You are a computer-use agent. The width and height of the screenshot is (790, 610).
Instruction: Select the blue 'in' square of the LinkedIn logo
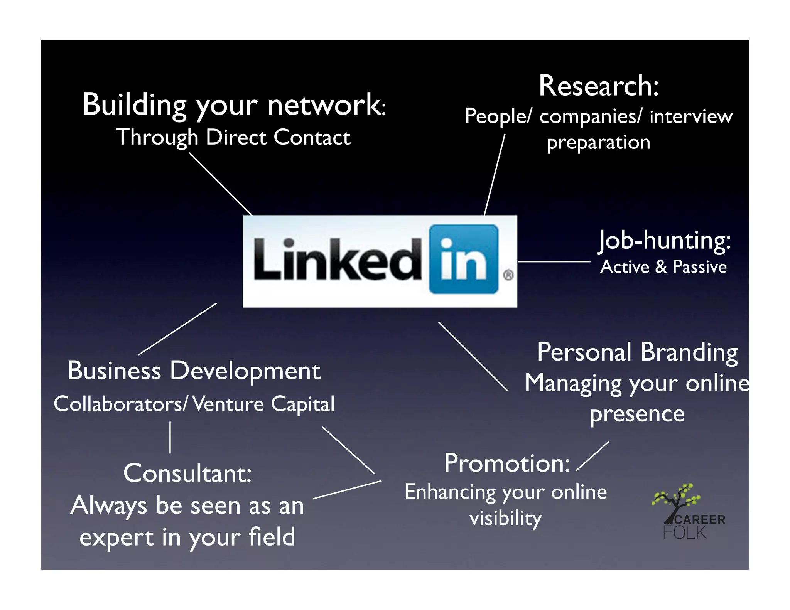coord(464,259)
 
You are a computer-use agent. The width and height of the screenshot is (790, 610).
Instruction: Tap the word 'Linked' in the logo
coord(338,259)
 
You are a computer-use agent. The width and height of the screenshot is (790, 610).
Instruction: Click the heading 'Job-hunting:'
coord(664,241)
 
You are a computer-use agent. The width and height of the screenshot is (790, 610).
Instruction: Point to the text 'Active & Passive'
coord(663,267)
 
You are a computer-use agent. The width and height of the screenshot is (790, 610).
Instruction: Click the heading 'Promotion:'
coord(507,463)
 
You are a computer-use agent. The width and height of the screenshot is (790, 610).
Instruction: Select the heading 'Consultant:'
coord(187,474)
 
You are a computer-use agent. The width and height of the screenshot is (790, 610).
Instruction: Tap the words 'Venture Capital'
coord(264,404)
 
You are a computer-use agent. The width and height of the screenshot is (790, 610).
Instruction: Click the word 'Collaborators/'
coord(120,404)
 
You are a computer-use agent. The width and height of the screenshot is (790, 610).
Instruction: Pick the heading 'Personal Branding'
coord(637,352)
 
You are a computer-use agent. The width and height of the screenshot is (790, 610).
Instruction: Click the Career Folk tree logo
coord(677,501)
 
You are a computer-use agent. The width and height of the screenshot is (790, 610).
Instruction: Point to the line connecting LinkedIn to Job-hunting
coord(554,261)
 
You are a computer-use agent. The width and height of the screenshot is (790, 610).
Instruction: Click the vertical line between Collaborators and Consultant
coord(170,437)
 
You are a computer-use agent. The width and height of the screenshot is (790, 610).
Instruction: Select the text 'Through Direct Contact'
coord(233,137)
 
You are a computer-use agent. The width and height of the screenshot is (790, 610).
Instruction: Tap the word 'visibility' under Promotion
coord(506,518)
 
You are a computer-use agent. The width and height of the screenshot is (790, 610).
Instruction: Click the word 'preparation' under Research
coord(598,143)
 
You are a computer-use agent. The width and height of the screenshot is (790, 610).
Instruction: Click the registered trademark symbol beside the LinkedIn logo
coord(508,275)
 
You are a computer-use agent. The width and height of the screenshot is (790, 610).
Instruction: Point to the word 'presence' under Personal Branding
coord(637,414)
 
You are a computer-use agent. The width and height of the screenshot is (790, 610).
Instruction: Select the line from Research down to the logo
coord(495,174)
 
